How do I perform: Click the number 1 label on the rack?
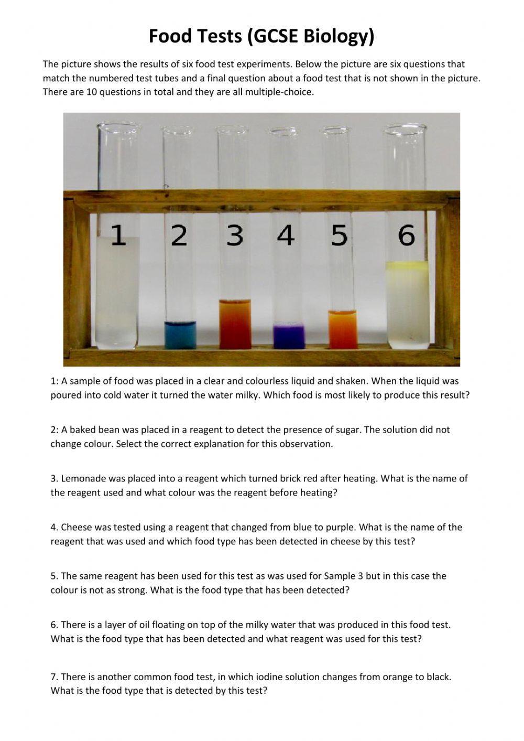pos(118,235)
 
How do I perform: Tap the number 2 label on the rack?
pos(179,235)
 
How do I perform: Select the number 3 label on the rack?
pos(235,235)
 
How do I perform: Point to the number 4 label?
pos(286,235)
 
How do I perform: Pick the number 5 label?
pos(340,235)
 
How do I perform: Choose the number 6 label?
pos(406,235)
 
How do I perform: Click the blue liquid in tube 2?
pos(180,335)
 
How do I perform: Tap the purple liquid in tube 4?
pos(289,337)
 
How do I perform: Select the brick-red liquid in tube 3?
pos(235,324)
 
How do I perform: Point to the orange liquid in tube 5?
pos(343,329)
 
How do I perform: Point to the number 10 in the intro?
pos(91,92)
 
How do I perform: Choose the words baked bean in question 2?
pos(94,429)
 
